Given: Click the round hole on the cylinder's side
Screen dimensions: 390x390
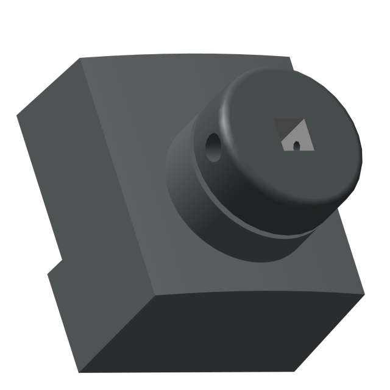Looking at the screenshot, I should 213,146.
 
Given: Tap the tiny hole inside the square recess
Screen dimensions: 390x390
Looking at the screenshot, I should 296,146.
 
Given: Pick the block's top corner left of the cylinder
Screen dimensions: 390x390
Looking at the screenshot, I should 81,60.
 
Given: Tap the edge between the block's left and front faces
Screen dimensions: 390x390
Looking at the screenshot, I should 116,183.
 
